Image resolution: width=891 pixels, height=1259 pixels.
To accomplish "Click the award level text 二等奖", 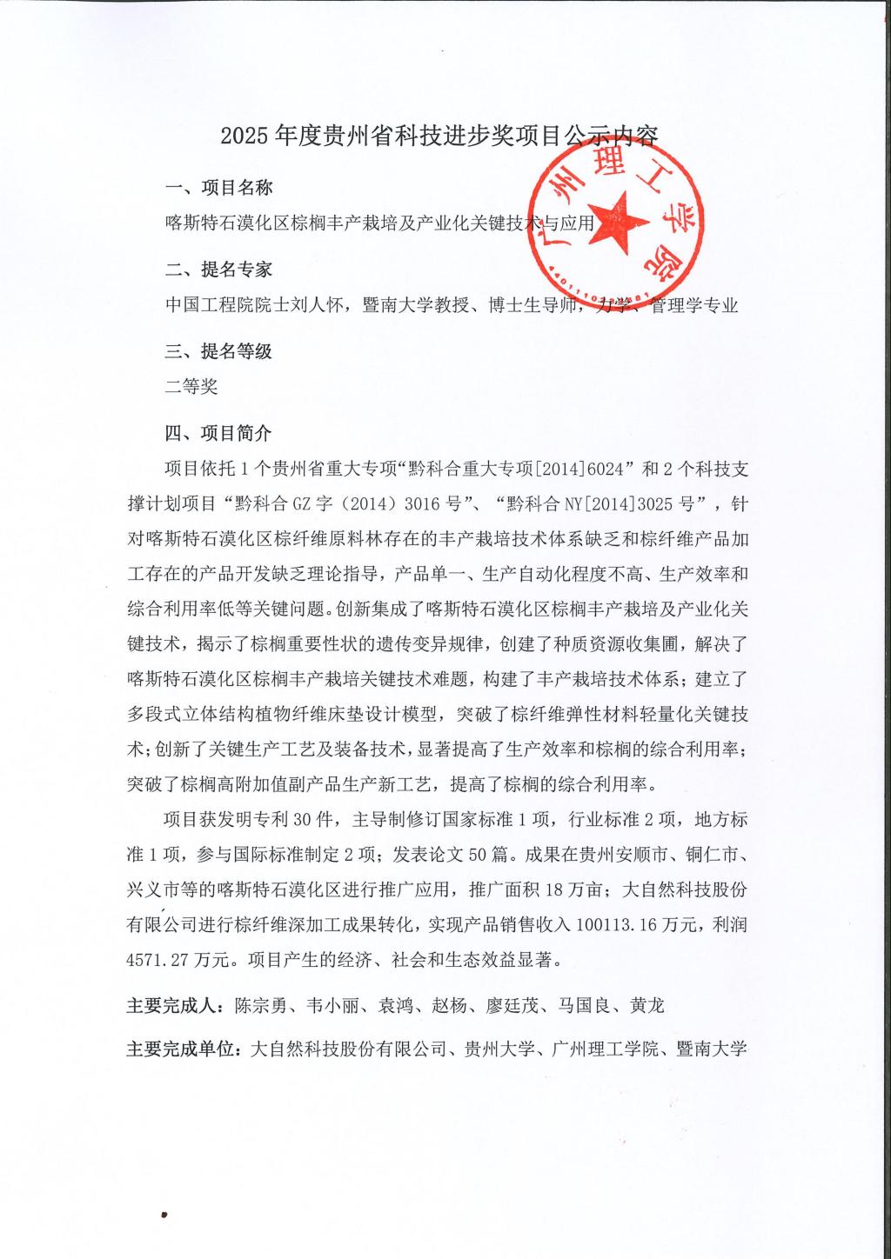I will point(191,387).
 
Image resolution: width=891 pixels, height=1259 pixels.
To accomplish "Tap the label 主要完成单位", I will point(184,1049).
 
